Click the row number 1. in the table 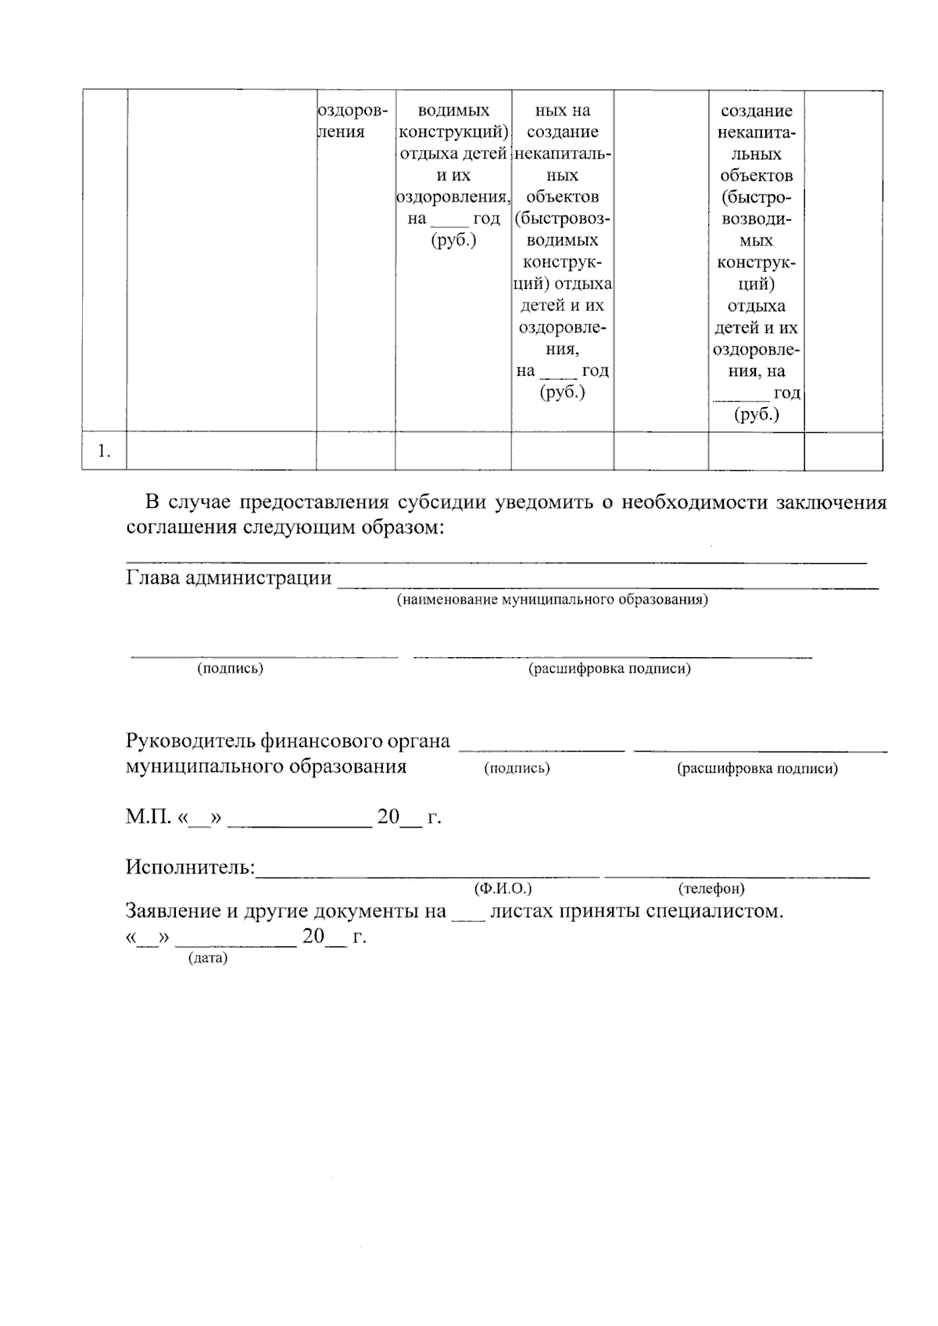[x=104, y=452]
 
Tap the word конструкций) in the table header [x=453, y=132]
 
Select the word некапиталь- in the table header [x=563, y=154]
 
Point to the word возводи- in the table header [x=756, y=219]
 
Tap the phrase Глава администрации [x=228, y=578]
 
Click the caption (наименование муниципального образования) [x=552, y=600]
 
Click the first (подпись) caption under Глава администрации [x=230, y=669]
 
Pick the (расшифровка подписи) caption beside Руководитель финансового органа [x=757, y=769]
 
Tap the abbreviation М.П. [x=148, y=818]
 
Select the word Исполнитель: [x=191, y=867]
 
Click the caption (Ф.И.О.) [x=503, y=889]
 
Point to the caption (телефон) [x=711, y=889]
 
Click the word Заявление [x=172, y=911]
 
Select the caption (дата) [x=207, y=958]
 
